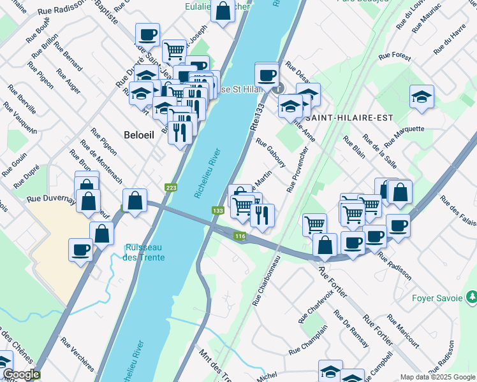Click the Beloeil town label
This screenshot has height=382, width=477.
click(138, 134)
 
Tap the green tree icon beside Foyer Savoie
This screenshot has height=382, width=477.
click(471, 296)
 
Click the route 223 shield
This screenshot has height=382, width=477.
click(171, 188)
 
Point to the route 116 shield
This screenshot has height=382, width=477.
click(240, 237)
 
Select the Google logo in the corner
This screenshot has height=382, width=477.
click(20, 374)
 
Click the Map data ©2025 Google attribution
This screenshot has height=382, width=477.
click(437, 377)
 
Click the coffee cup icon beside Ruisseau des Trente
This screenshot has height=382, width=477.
click(81, 250)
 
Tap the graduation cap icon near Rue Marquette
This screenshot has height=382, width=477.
click(422, 97)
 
